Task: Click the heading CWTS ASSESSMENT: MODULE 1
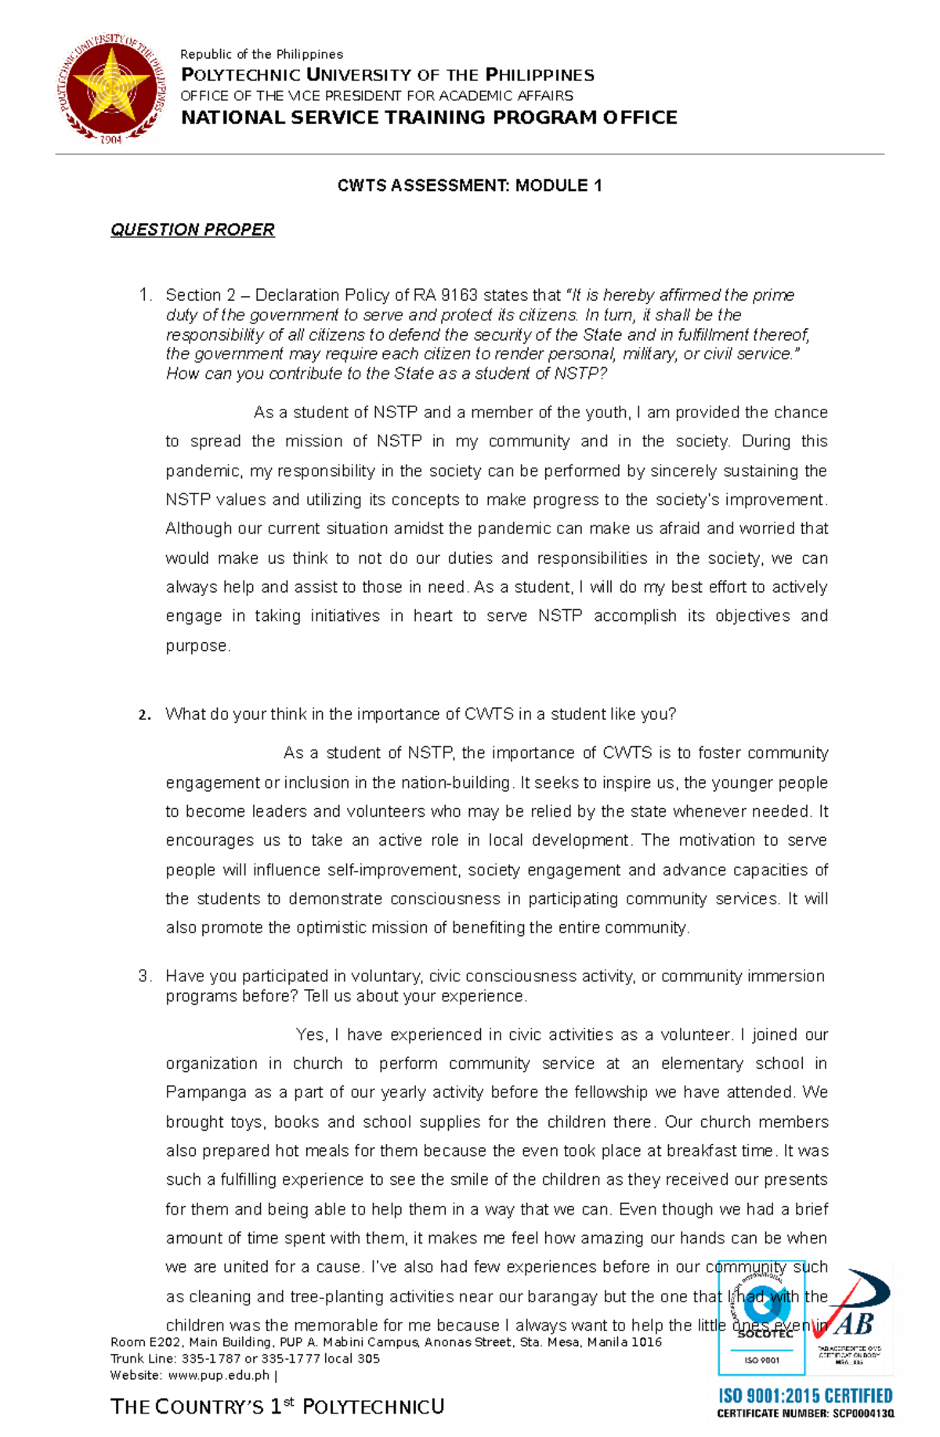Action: click(469, 186)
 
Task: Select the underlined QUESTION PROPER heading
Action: click(192, 229)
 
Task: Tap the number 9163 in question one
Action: click(459, 295)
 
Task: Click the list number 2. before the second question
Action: click(143, 715)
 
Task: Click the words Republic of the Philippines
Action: click(262, 54)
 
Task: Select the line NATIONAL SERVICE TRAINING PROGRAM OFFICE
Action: click(428, 117)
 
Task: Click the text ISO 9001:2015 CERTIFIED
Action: click(805, 1396)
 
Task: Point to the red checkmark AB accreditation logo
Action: click(850, 1316)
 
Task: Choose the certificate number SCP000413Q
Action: click(862, 1414)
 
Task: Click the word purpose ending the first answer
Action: click(197, 646)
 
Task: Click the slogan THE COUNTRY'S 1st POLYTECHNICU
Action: click(277, 1407)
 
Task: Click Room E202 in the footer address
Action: click(146, 1342)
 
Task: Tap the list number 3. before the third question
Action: click(144, 977)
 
